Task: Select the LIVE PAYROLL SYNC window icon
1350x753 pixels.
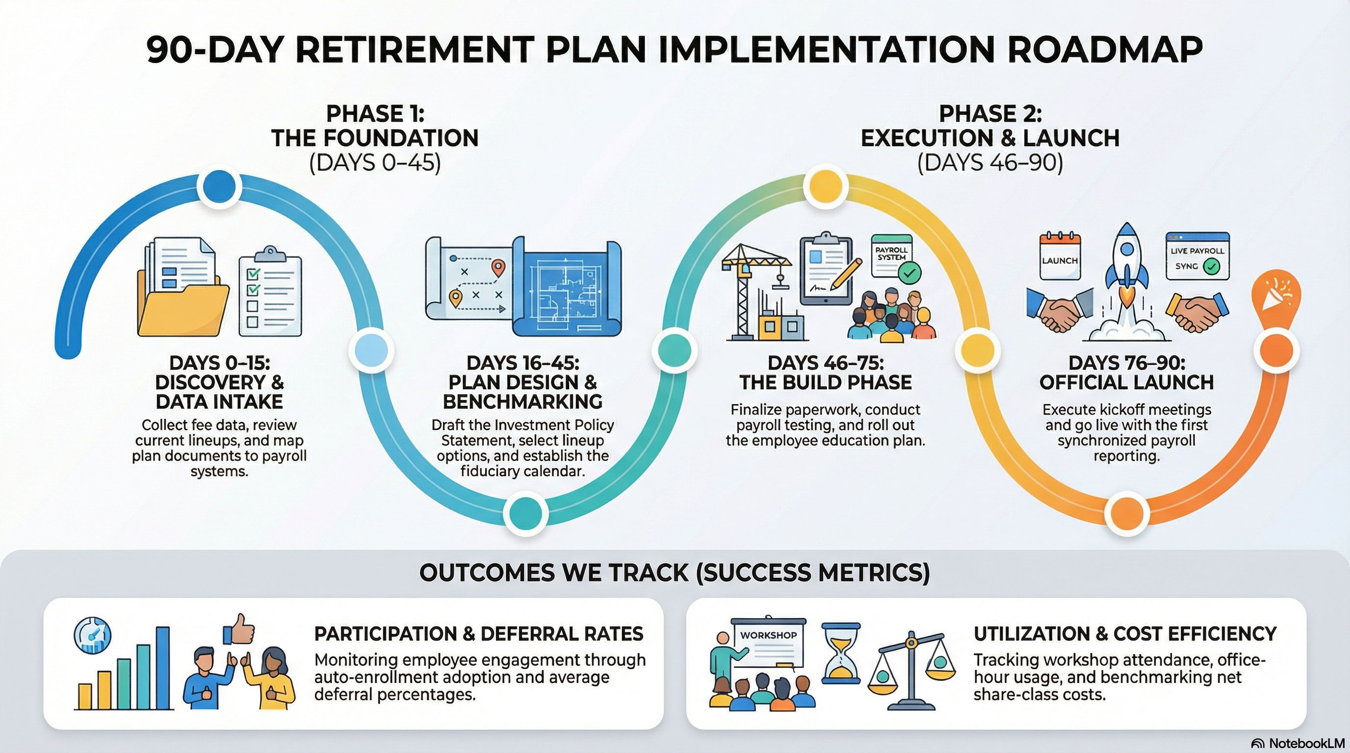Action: click(x=1197, y=256)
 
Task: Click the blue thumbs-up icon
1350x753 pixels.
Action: click(x=239, y=630)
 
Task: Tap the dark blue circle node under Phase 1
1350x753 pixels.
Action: click(x=220, y=186)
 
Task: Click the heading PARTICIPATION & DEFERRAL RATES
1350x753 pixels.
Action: click(x=478, y=634)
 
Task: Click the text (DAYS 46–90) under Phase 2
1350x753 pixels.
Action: click(x=989, y=163)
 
